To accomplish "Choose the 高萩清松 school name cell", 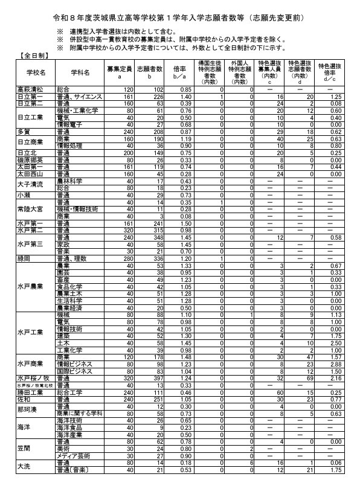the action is tap(28, 89).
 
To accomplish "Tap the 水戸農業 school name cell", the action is tap(30, 286).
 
